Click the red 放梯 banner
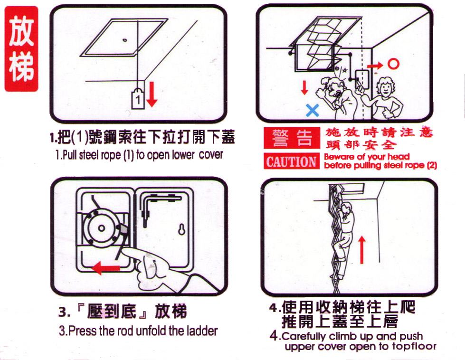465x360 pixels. tap(21, 49)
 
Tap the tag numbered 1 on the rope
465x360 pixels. tap(138, 99)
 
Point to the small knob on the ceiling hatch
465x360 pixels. tap(125, 40)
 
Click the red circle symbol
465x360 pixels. tap(393, 64)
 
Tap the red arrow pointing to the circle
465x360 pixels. tap(375, 65)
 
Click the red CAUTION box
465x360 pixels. tap(292, 161)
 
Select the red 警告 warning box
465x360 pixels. tap(292, 138)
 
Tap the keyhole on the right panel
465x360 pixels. tap(181, 229)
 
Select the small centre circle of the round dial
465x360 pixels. tap(102, 228)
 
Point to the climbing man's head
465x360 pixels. tap(346, 207)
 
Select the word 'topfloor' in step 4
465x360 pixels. tap(414, 346)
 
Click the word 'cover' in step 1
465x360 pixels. tap(211, 154)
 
